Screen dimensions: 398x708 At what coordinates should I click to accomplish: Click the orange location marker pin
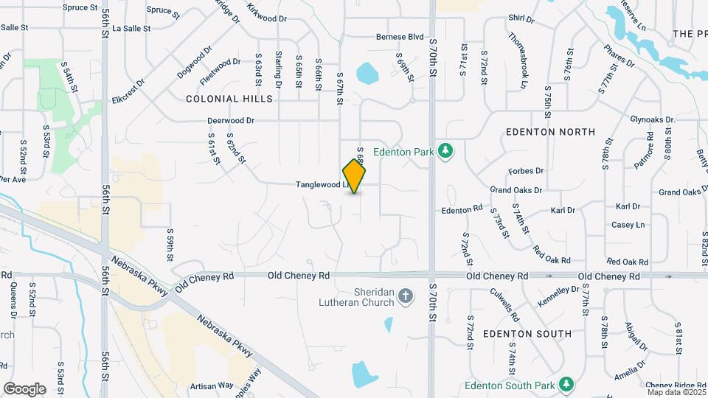(355, 175)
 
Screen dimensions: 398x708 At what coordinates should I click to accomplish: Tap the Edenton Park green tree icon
(445, 150)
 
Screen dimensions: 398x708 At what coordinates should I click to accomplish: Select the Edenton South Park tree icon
(566, 384)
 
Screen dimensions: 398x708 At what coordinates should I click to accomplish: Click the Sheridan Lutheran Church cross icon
(405, 296)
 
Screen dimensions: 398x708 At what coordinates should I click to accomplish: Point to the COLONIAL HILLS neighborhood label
(229, 99)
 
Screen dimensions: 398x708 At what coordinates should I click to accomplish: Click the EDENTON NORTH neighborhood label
(550, 132)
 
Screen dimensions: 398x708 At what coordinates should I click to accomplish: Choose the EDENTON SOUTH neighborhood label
(527, 334)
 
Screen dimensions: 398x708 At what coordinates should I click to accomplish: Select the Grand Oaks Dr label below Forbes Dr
(516, 190)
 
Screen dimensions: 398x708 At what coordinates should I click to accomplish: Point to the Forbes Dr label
(526, 171)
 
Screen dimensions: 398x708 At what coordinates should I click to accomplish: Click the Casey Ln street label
(628, 225)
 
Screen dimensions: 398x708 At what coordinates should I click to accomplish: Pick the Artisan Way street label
(211, 385)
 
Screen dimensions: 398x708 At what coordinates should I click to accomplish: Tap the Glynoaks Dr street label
(653, 119)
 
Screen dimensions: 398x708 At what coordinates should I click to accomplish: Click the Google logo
(24, 389)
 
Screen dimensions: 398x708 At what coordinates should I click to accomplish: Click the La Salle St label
(132, 29)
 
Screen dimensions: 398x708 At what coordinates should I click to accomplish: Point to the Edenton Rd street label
(462, 210)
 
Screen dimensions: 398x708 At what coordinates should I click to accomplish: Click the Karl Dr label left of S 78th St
(563, 210)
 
